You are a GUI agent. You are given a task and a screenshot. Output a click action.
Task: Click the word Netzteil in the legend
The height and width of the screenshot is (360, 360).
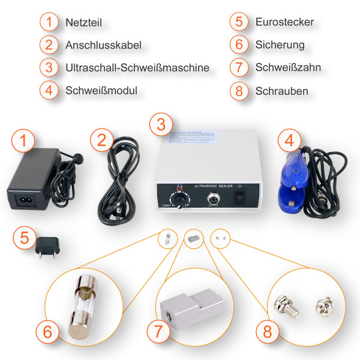[x=84, y=23]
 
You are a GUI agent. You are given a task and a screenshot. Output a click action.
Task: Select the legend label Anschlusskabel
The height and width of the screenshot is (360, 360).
[x=103, y=45]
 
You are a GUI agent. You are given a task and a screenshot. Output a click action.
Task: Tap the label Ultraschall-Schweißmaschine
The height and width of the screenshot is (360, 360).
[x=137, y=67]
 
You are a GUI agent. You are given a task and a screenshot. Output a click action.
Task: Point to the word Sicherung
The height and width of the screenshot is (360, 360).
[x=280, y=45]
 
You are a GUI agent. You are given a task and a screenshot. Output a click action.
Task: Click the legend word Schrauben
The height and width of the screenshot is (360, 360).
[x=281, y=91]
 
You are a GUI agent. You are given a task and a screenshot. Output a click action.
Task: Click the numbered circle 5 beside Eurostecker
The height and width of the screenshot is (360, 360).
[x=239, y=23]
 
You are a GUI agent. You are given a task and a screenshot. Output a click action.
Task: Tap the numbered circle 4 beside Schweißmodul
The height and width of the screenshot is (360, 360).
[x=49, y=91]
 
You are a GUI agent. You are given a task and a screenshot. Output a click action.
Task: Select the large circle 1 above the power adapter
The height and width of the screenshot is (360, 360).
[x=23, y=142]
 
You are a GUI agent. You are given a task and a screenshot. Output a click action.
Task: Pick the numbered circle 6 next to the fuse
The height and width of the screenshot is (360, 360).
[x=47, y=331]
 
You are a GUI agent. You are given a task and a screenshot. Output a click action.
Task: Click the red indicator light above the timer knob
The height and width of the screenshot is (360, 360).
[x=178, y=188]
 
